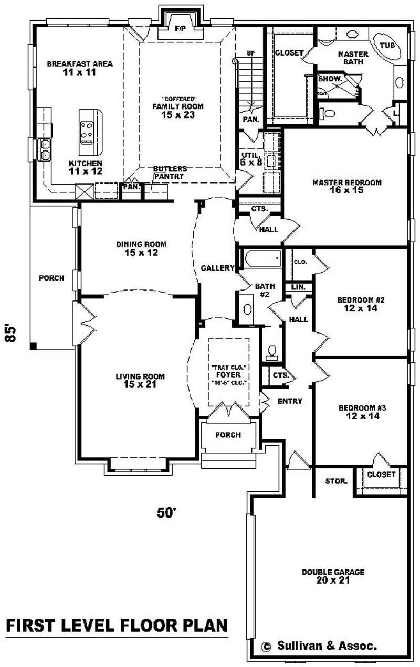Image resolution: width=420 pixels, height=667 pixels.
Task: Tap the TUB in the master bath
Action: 387,46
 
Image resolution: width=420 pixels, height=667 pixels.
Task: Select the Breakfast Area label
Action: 80,68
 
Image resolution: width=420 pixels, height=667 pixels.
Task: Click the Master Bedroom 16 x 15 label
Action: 346,186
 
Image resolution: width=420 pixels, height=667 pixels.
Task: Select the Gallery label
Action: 217,268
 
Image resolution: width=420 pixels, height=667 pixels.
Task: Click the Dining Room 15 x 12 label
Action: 141,248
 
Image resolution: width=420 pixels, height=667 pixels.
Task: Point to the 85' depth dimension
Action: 11,333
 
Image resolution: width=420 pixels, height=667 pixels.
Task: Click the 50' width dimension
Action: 165,512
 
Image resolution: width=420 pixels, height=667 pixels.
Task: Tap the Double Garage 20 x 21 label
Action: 333,576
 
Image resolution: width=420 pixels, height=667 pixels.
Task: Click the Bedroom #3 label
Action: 359,412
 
